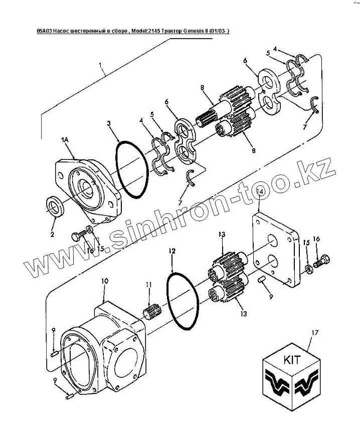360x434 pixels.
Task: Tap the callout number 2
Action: click(x=53, y=234)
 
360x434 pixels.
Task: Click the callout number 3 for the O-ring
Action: click(x=109, y=123)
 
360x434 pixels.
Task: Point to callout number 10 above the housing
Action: click(x=105, y=282)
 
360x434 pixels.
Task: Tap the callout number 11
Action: click(x=148, y=285)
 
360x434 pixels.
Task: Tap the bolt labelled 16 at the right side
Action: click(x=323, y=262)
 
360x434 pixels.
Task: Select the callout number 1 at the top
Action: click(x=100, y=65)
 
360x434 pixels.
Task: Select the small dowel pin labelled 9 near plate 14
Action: click(x=262, y=280)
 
